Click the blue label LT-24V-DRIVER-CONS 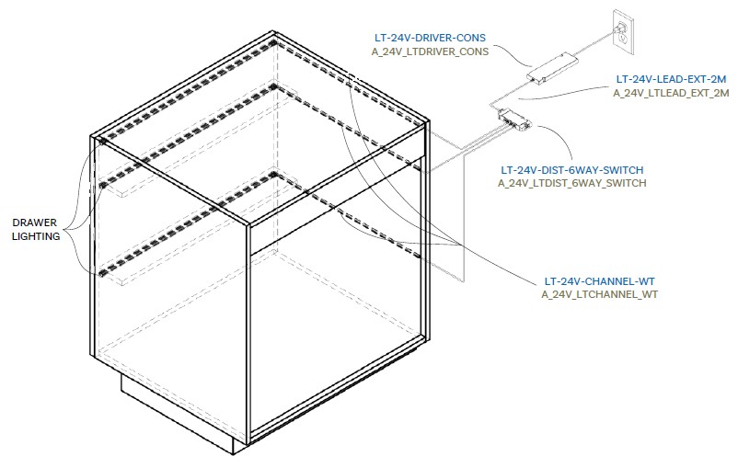(430, 38)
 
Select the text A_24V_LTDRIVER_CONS (430, 51)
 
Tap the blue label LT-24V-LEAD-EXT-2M (671, 79)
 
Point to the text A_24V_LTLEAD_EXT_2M (671, 93)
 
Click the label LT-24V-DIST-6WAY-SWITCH (571, 170)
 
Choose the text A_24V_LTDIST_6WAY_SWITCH (571, 183)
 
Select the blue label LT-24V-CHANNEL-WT (600, 281)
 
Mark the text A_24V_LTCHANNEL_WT (600, 294)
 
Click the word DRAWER (34, 223)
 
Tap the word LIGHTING (36, 236)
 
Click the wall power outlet (623, 32)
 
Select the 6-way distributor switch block (514, 118)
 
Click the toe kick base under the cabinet (177, 412)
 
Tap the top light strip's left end (103, 139)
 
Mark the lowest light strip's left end (102, 273)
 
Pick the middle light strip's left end (103, 186)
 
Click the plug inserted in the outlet (617, 30)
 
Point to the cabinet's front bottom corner (248, 443)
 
